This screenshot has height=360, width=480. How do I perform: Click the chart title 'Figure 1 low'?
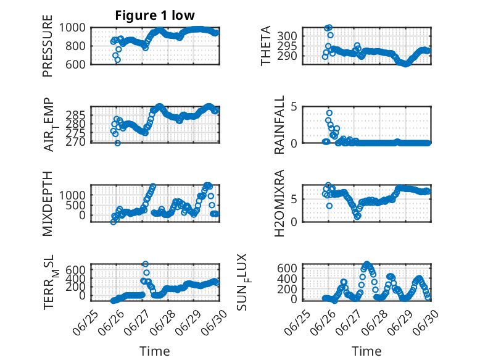[155, 15]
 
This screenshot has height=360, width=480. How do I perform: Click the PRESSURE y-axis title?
[48, 46]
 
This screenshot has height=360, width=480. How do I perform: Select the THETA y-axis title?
[266, 46]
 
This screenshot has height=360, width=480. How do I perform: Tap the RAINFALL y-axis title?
[279, 125]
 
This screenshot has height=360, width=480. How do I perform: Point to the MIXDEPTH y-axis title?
[48, 204]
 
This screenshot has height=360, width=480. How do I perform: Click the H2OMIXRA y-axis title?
[279, 203]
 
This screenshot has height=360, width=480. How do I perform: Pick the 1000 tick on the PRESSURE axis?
[72, 28]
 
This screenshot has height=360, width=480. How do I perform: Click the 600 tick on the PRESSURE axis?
[75, 64]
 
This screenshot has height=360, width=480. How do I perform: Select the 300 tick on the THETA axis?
[287, 36]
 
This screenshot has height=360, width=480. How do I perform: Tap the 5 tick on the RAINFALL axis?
[294, 107]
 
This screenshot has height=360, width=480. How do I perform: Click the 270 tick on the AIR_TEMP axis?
[75, 142]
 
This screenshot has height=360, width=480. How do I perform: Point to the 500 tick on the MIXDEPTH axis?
[75, 205]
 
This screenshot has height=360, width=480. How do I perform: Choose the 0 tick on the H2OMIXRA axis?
[294, 222]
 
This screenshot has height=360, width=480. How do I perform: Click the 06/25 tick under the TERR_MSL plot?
[86, 322]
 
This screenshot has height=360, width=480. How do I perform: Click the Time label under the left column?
[155, 351]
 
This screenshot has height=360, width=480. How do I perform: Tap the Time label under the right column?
[366, 351]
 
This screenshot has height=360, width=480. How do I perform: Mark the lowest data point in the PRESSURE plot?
[118, 60]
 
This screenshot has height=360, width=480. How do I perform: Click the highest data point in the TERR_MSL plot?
[146, 264]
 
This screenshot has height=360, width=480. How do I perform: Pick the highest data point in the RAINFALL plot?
[329, 113]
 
